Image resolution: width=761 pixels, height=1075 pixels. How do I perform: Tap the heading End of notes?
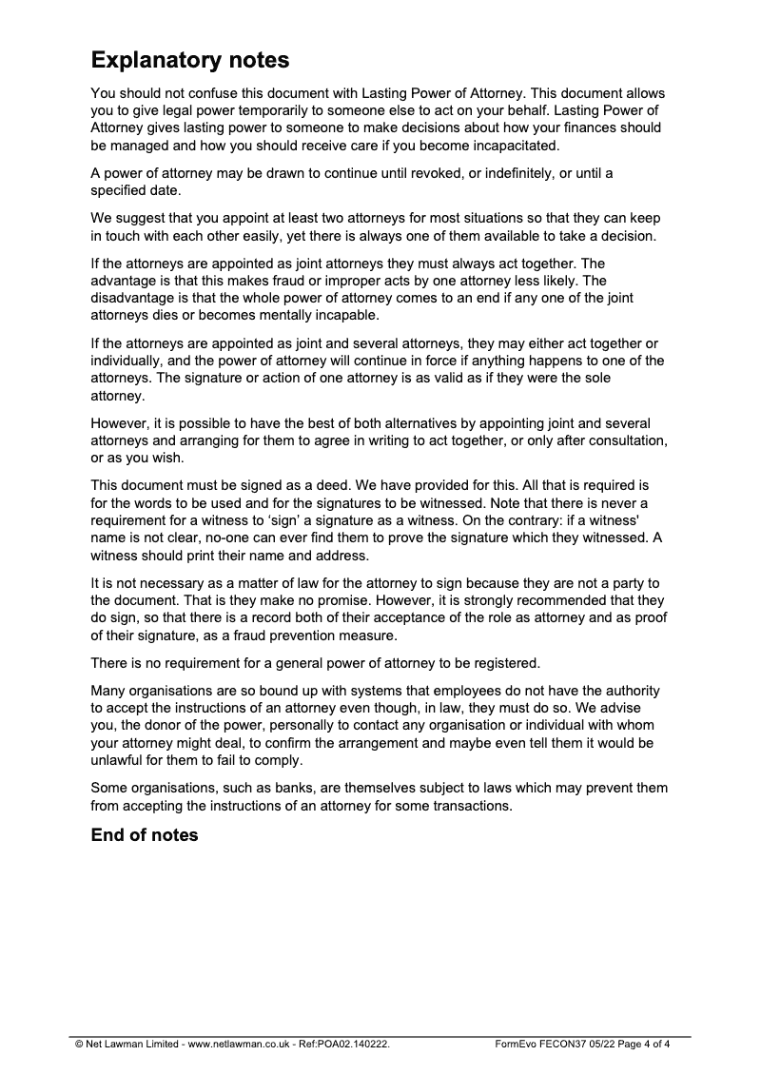coord(145,835)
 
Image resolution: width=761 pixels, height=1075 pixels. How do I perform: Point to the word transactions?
coord(468,806)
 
